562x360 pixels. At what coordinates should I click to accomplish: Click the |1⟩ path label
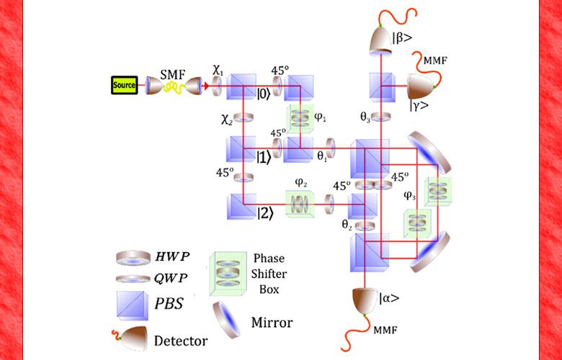(265, 156)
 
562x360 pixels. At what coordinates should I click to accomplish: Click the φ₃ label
(409, 195)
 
